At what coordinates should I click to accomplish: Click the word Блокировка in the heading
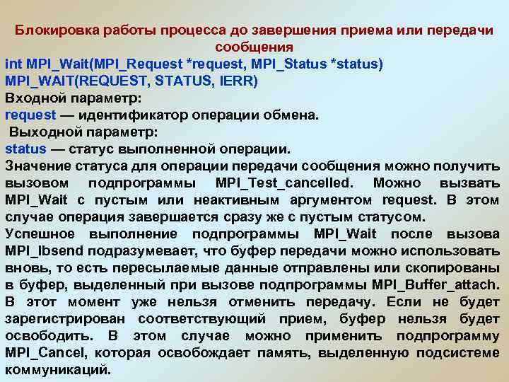point(58,31)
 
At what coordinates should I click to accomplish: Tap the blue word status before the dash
point(25,149)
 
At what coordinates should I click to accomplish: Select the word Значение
point(37,166)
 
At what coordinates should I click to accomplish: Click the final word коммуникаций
point(57,369)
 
